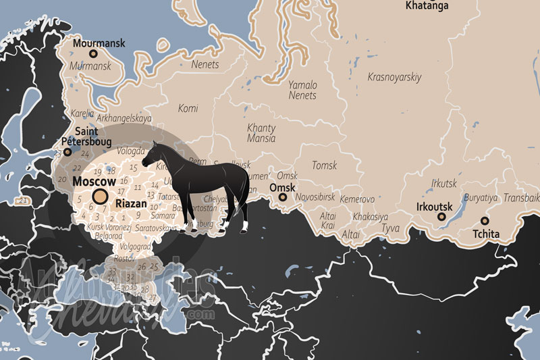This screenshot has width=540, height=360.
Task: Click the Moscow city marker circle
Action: point(101,197)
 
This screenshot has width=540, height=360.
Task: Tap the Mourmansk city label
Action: point(99,43)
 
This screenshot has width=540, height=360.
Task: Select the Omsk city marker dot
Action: point(283,197)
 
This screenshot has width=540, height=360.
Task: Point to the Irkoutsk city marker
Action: point(442,217)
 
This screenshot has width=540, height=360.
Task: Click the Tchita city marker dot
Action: point(485,221)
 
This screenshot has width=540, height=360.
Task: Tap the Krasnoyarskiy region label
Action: point(394,77)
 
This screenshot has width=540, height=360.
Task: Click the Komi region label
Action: point(188,108)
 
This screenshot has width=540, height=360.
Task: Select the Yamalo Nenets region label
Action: point(302,91)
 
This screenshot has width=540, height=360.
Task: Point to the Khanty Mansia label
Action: point(261,133)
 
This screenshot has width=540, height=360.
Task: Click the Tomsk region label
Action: point(324,165)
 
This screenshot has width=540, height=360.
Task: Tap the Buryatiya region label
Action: point(481,199)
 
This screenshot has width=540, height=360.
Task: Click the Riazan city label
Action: point(130,202)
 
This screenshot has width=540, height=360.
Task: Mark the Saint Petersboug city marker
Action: point(67,153)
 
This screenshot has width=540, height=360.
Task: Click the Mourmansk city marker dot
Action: point(93,53)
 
